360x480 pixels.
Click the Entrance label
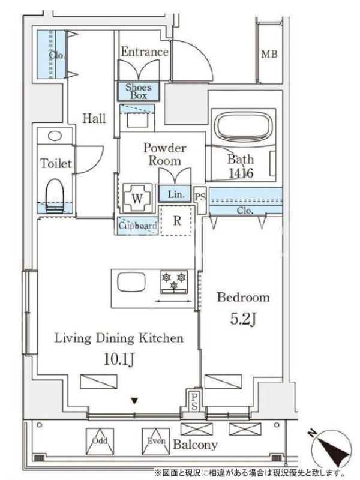(144, 52)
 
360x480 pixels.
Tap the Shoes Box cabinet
(139, 91)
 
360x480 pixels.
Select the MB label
(269, 54)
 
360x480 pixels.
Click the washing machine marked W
(137, 198)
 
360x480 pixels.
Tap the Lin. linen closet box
(175, 194)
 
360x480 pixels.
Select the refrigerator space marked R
(177, 220)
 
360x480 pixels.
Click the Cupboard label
(138, 226)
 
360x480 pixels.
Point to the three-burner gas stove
(174, 281)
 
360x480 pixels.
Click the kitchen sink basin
(131, 282)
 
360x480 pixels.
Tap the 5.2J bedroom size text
(243, 319)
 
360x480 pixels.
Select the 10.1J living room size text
(119, 359)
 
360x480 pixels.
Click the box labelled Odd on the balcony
(100, 442)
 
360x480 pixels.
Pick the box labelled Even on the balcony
(156, 442)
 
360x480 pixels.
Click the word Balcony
(196, 445)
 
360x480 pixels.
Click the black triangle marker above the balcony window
(134, 401)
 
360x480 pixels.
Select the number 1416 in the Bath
(241, 173)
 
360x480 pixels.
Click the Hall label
(94, 118)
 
